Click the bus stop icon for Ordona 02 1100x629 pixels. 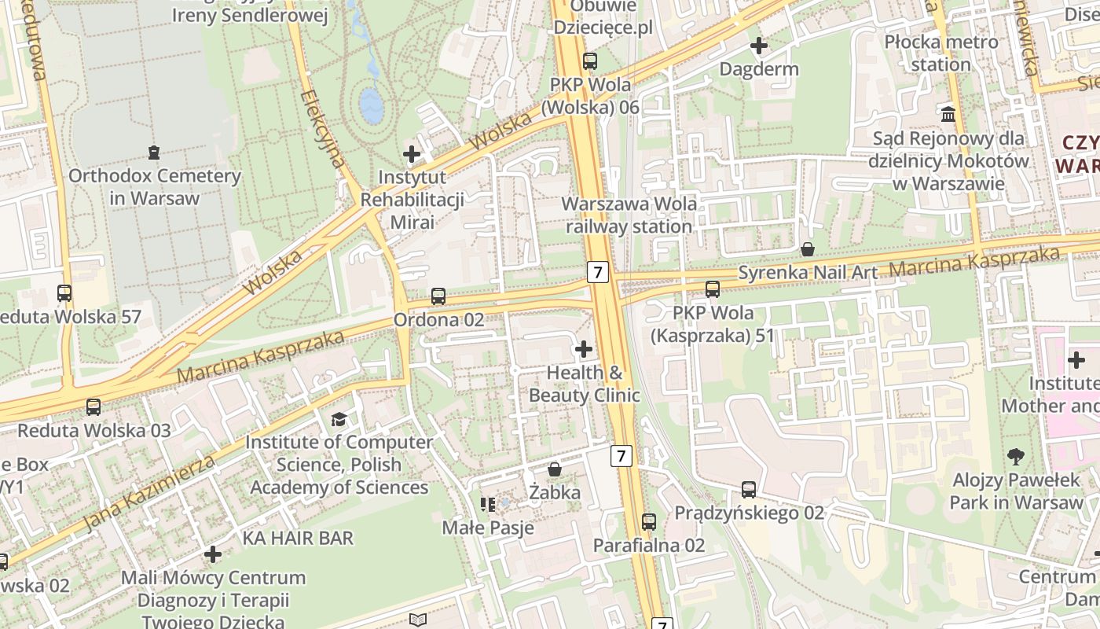pyautogui.click(x=438, y=296)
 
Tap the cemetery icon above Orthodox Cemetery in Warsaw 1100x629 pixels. pyautogui.click(x=154, y=152)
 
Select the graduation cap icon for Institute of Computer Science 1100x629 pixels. pyautogui.click(x=339, y=419)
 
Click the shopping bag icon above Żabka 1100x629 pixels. pyautogui.click(x=555, y=469)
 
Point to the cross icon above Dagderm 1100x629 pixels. pyautogui.click(x=759, y=46)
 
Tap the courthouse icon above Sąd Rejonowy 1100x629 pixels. pyautogui.click(x=948, y=115)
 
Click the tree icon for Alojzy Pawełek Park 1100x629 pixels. pyautogui.click(x=1016, y=456)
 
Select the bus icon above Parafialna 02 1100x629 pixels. pyautogui.click(x=649, y=521)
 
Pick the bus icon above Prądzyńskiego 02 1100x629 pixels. pyautogui.click(x=749, y=490)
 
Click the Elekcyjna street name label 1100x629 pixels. pyautogui.click(x=323, y=129)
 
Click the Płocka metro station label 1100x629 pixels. pyautogui.click(x=940, y=53)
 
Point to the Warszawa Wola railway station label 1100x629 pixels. pyautogui.click(x=629, y=215)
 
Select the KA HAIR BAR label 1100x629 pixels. pyautogui.click(x=298, y=539)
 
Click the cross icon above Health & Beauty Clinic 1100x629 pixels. pyautogui.click(x=584, y=348)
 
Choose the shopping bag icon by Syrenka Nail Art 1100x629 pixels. pyautogui.click(x=807, y=250)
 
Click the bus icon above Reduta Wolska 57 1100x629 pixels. pyautogui.click(x=64, y=293)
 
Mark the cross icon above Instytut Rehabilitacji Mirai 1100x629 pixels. pyautogui.click(x=412, y=153)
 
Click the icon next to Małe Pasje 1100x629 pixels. pyautogui.click(x=488, y=504)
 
